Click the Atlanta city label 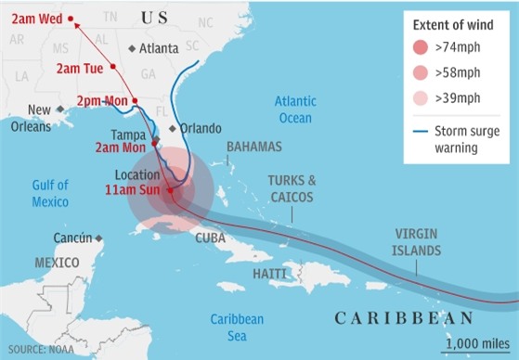(x=159, y=48)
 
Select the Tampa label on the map (x=130, y=135)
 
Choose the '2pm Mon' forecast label (x=101, y=101)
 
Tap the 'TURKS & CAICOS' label (x=292, y=189)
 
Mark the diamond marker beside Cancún (x=100, y=238)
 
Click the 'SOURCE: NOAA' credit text (x=43, y=349)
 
